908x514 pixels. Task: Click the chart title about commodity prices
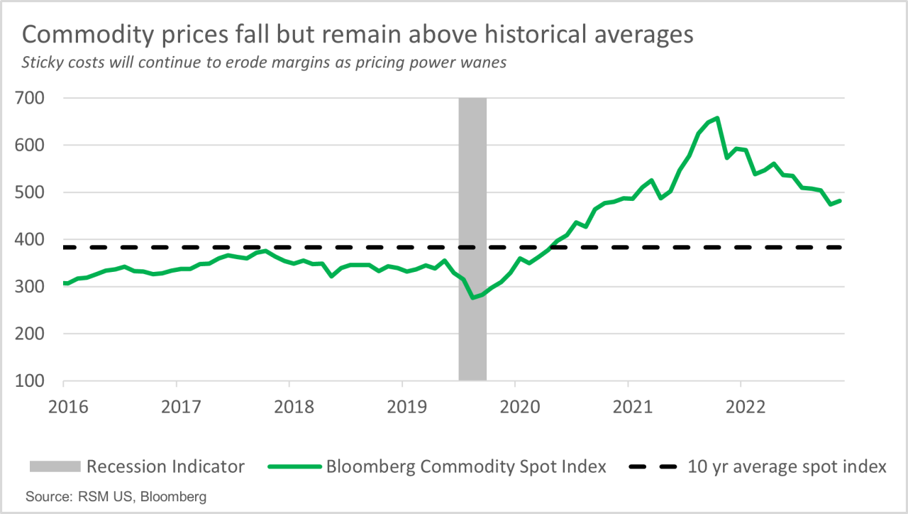(358, 35)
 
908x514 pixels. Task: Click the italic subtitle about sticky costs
(264, 62)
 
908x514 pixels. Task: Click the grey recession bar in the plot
(472, 319)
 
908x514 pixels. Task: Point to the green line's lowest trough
(473, 297)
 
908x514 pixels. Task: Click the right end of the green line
(841, 201)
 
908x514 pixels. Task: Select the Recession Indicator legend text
(165, 466)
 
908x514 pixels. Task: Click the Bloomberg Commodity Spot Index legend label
(466, 466)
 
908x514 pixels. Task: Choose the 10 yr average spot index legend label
(787, 466)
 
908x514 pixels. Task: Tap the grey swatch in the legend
(54, 467)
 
